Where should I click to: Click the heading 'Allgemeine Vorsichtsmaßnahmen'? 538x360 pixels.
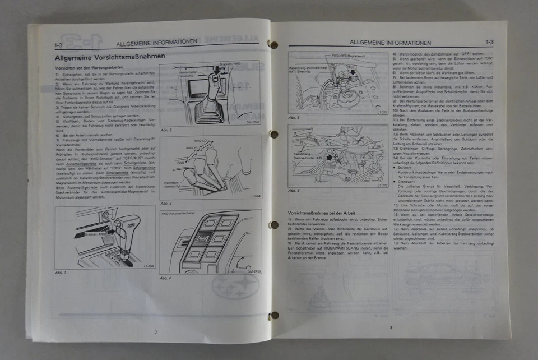pos(109,58)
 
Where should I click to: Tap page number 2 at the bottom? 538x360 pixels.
pos(156,332)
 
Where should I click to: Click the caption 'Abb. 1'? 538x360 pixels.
pos(61,273)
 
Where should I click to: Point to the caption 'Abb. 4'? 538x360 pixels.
pos(166,278)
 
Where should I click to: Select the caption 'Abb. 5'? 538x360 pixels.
pos(294,118)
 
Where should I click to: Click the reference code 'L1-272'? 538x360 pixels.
pos(383,185)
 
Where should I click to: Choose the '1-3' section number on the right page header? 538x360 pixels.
pos(489,42)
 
